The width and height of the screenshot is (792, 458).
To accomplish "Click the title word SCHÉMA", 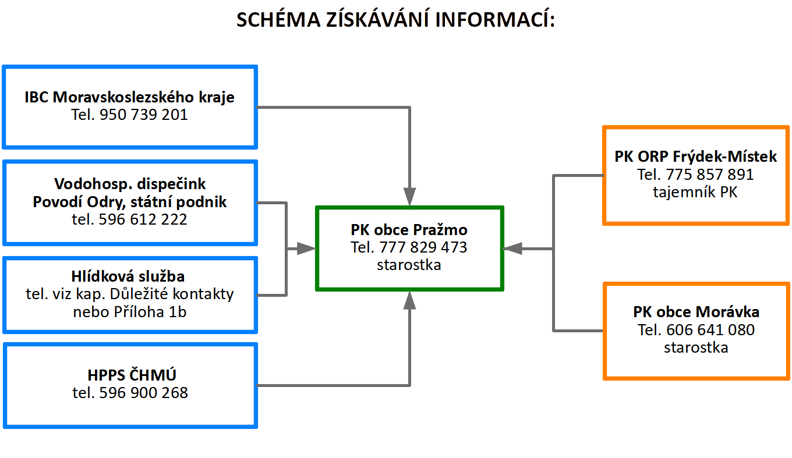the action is click(x=278, y=19).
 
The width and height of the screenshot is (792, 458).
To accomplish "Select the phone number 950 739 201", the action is click(x=143, y=115).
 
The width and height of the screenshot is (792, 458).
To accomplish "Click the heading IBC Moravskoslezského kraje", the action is click(x=129, y=97).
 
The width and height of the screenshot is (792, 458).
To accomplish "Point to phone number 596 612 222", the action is click(x=143, y=219).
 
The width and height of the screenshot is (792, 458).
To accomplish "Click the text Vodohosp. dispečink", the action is click(x=130, y=184).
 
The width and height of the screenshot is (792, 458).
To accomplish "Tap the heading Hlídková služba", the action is click(x=128, y=276).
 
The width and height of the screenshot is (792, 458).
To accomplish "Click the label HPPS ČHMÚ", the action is click(x=132, y=375).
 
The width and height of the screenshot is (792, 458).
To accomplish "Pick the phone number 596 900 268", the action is click(x=143, y=393).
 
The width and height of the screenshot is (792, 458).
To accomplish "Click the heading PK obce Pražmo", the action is click(x=409, y=230).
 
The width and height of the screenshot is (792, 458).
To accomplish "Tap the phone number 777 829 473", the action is click(x=423, y=247).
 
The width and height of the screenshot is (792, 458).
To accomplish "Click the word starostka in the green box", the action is click(x=409, y=265).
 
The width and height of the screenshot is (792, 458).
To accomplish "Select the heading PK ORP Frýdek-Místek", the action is click(x=696, y=157).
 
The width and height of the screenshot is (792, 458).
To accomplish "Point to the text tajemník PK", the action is click(x=695, y=192).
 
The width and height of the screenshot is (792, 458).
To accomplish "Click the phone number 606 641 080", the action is click(x=710, y=330).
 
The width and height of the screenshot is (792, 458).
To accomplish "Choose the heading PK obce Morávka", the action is click(x=696, y=312).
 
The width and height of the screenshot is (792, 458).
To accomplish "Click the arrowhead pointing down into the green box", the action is click(x=409, y=197).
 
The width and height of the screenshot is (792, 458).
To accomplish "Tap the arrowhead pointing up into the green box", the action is click(x=409, y=300).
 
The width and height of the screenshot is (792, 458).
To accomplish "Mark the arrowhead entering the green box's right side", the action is click(x=512, y=249).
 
